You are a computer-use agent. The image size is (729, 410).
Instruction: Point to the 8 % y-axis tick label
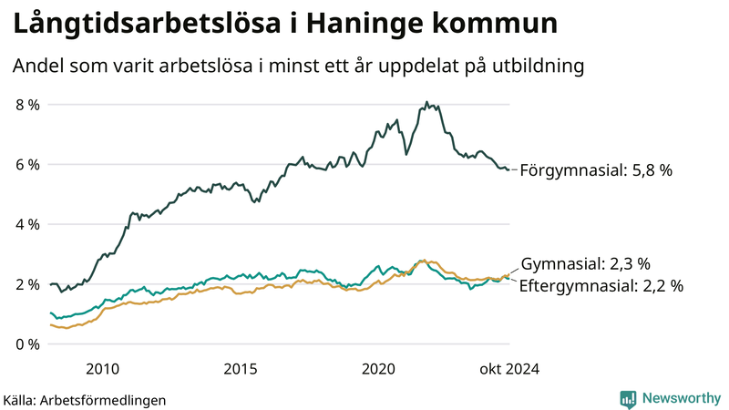pyautogui.click(x=27, y=105)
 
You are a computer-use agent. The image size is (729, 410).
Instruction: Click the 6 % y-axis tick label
pyautogui.click(x=27, y=165)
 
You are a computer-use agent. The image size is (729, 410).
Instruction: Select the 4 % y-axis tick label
pyautogui.click(x=27, y=224)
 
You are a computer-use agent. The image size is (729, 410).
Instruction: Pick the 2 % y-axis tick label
pyautogui.click(x=27, y=284)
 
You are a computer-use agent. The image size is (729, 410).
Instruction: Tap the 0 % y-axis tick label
pyautogui.click(x=27, y=344)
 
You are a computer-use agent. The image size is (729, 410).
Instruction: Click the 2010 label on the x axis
pyautogui.click(x=102, y=369)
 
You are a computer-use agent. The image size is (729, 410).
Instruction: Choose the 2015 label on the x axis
pyautogui.click(x=241, y=369)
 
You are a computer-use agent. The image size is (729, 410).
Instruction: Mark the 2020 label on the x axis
pyautogui.click(x=378, y=369)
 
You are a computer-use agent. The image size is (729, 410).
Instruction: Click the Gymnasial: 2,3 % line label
pyautogui.click(x=585, y=264)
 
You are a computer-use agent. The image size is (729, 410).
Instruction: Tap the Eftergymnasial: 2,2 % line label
pyautogui.click(x=601, y=285)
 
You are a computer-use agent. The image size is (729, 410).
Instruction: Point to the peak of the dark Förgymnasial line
pyautogui.click(x=426, y=103)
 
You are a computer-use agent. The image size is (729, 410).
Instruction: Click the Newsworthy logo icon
pyautogui.click(x=628, y=398)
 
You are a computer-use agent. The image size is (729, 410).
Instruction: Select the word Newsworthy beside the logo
pyautogui.click(x=681, y=398)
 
